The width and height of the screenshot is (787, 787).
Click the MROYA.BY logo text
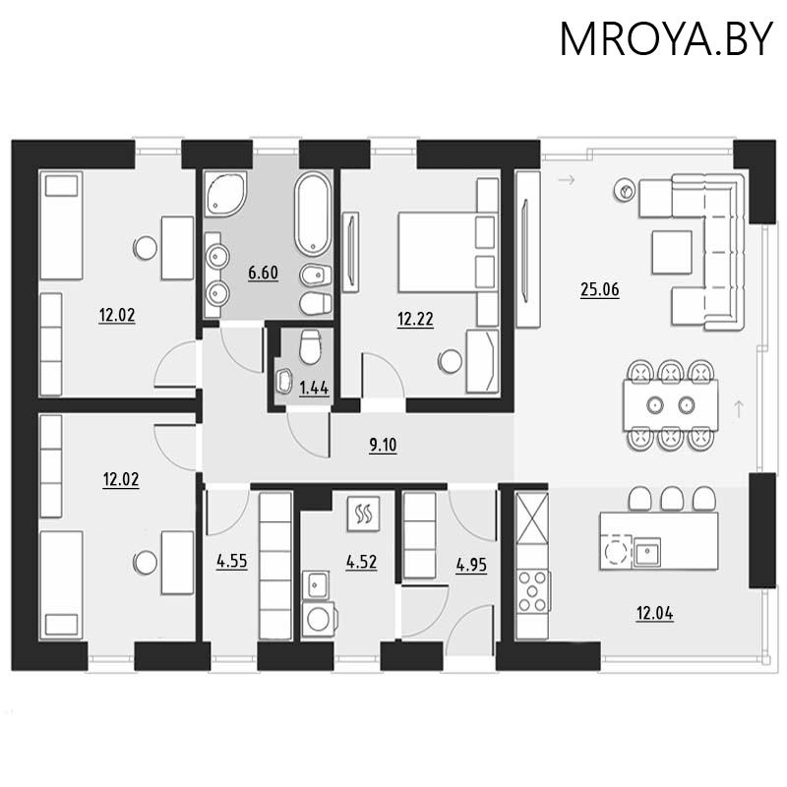tap(666, 38)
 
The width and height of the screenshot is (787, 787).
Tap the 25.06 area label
tap(600, 289)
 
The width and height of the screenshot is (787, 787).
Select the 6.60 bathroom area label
tap(263, 272)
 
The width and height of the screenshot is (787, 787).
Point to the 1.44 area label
tap(314, 388)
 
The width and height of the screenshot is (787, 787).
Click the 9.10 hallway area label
tap(383, 445)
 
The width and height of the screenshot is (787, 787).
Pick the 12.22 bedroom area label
tap(415, 319)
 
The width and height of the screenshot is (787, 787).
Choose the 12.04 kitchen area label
tap(655, 613)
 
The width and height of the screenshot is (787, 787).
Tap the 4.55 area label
tap(232, 561)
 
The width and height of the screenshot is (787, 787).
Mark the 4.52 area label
tap(361, 562)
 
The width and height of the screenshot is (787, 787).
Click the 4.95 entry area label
tap(471, 565)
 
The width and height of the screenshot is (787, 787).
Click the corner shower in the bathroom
tap(225, 193)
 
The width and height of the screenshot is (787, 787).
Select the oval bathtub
tap(313, 213)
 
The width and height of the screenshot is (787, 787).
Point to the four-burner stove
tap(533, 591)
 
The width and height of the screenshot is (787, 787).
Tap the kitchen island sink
tap(647, 552)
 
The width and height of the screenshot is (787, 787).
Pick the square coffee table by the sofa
tap(672, 252)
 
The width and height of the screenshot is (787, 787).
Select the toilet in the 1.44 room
tap(310, 346)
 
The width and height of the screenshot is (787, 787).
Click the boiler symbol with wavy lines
tap(363, 514)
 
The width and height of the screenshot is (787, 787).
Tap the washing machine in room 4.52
tap(319, 620)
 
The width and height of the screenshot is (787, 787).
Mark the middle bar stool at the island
tap(672, 499)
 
